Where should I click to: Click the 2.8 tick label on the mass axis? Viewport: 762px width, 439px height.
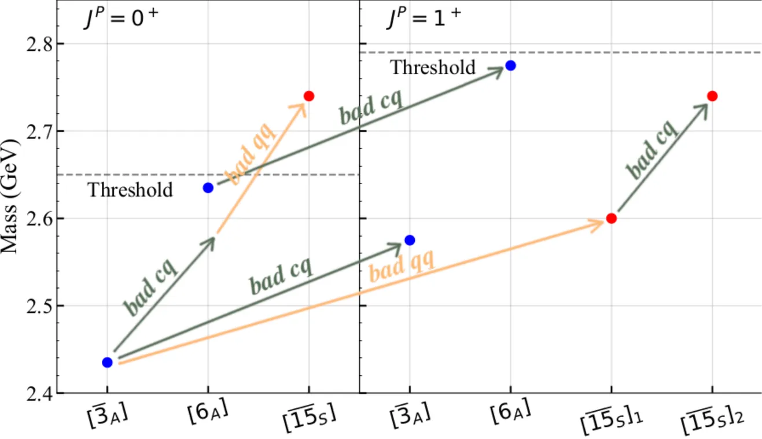[x=36, y=44]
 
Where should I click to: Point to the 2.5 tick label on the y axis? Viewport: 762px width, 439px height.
[x=36, y=306]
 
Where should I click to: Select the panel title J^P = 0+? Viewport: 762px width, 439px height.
[x=120, y=21]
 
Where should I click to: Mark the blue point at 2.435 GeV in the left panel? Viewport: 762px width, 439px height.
[x=107, y=363]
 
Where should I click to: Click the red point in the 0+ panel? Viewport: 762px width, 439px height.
[x=308, y=95]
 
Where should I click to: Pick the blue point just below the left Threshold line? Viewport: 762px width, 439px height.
[x=208, y=187]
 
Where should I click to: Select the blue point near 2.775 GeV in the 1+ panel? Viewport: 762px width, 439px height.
[x=510, y=65]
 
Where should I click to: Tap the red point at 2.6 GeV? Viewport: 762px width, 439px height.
[x=611, y=219]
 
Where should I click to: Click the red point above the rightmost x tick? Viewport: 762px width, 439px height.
[x=712, y=96]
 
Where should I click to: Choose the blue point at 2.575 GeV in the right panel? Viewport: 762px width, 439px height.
[x=410, y=240]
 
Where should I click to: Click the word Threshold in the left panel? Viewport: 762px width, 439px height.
[x=130, y=190]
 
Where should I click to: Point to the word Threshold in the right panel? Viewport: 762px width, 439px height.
[x=433, y=68]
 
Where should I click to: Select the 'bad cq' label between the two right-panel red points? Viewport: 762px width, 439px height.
[x=651, y=149]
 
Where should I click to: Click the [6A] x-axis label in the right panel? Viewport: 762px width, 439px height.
[x=510, y=414]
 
